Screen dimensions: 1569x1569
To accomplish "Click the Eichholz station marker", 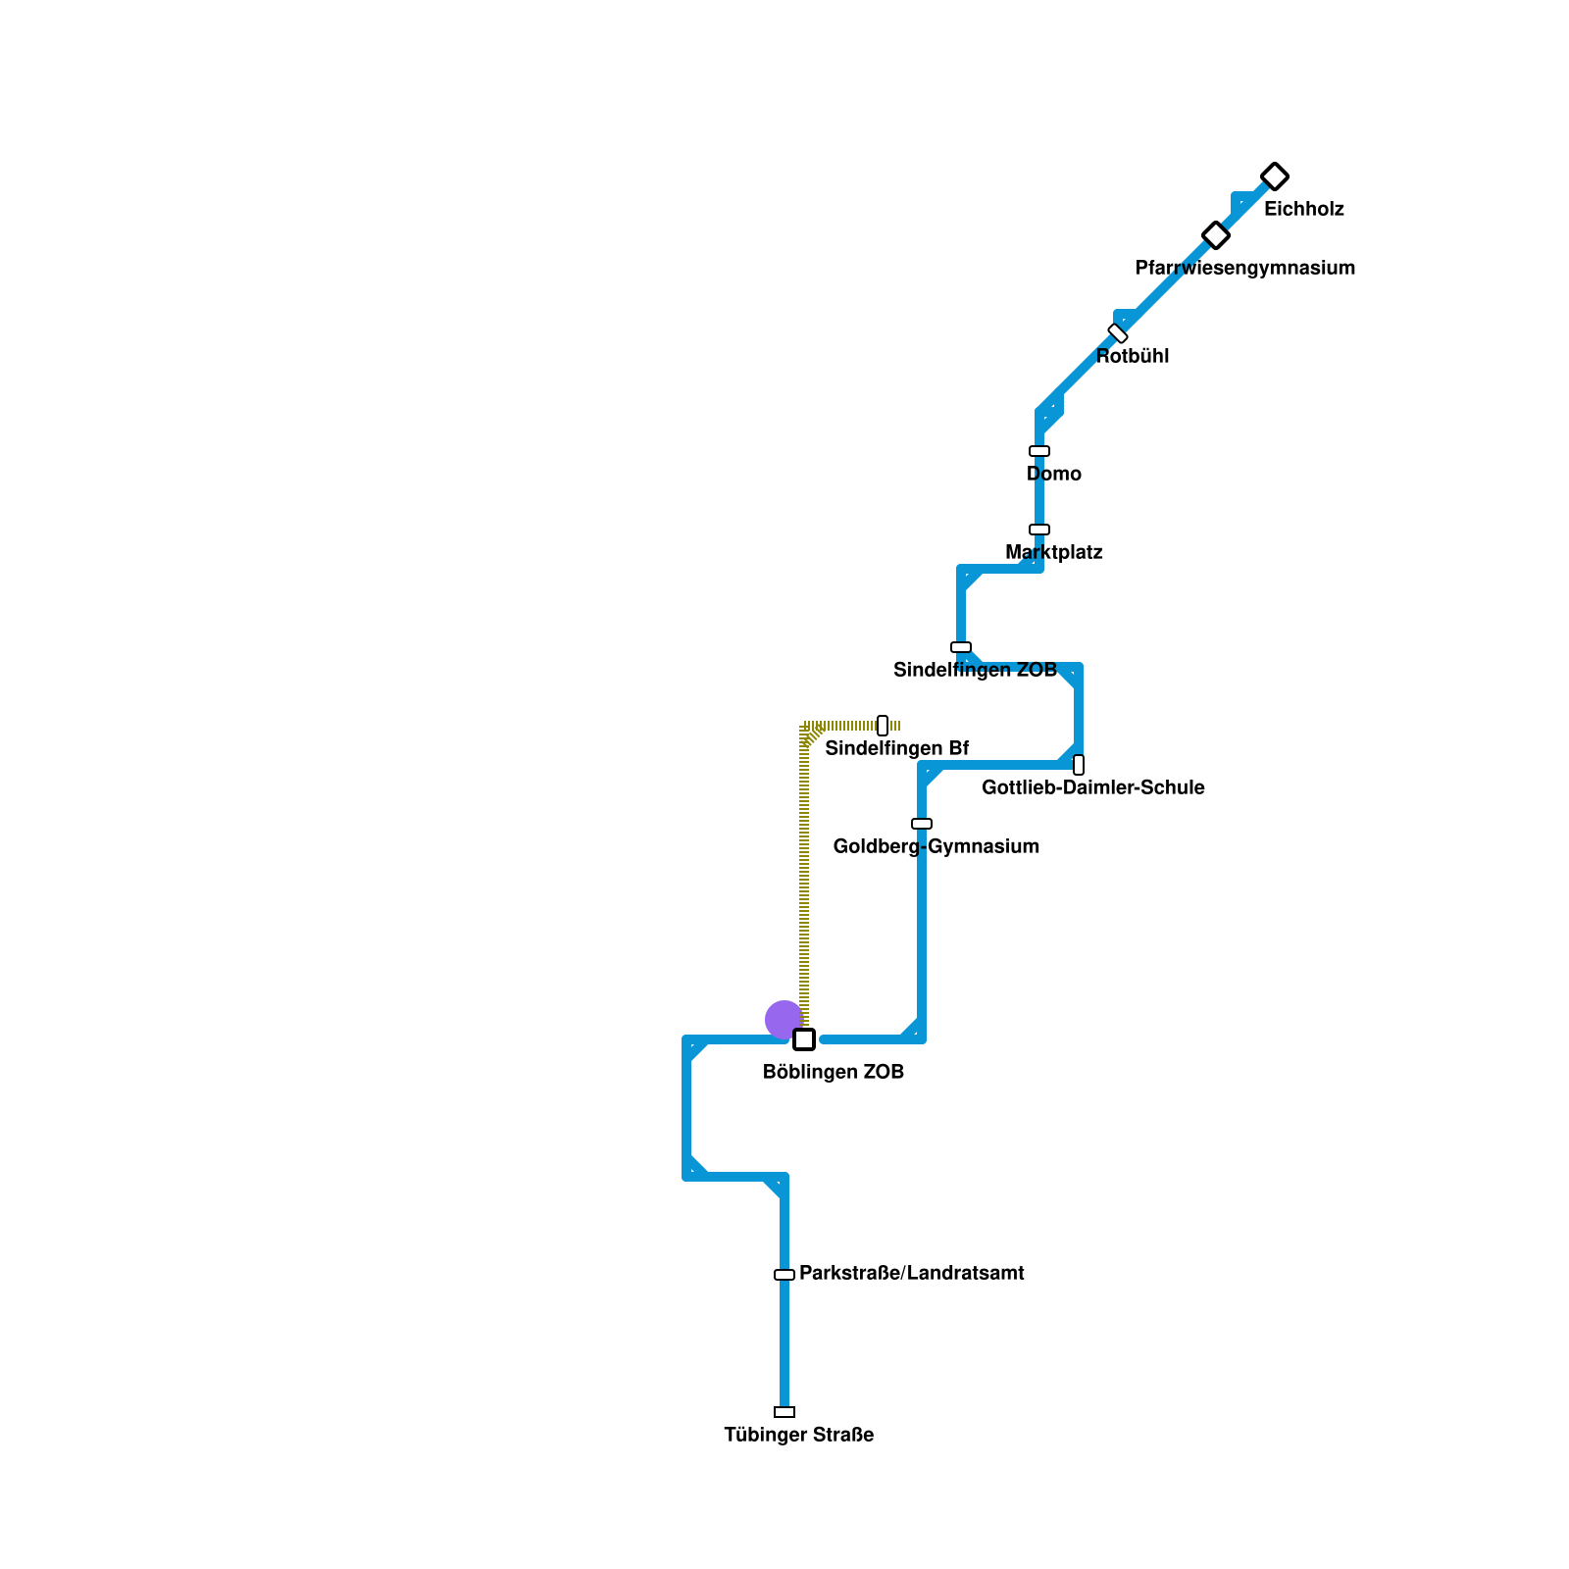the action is (1274, 177).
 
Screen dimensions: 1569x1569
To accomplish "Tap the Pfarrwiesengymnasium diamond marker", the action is (1216, 235).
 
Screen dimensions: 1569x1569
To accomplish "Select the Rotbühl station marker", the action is (1118, 333).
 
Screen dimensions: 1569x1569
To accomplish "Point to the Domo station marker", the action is (1039, 451).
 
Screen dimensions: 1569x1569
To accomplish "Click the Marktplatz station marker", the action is (1039, 530).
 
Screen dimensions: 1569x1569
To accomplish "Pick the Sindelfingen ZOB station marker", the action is (961, 647).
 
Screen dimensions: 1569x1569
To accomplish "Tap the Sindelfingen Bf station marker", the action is (883, 726).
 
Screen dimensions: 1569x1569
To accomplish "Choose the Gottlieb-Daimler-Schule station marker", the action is (1079, 765).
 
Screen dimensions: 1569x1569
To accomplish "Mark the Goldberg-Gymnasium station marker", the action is (922, 824).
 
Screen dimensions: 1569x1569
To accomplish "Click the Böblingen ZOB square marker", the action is (804, 1039).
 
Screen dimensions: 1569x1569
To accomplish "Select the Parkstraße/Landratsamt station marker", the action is (784, 1275).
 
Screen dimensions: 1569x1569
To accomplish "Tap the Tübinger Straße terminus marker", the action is (784, 1412).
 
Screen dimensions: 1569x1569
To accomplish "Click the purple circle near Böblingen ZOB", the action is (784, 1020).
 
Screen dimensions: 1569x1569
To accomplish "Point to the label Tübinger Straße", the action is (799, 1436).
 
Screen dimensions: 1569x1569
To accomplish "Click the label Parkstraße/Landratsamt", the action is (911, 1274).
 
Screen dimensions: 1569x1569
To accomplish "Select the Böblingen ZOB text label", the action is (834, 1073).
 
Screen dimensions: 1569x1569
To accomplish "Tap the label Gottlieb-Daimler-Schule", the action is (1092, 788).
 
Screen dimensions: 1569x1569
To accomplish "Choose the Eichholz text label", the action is (1303, 210).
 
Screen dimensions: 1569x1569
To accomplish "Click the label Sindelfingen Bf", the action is (896, 749).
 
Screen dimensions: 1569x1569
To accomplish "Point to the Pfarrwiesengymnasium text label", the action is (1244, 269).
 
